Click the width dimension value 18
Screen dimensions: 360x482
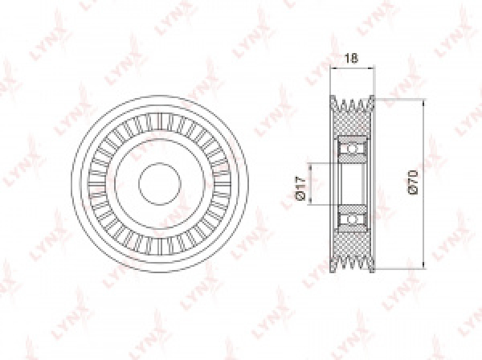pos(349,58)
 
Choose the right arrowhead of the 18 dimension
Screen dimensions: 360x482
pos(371,70)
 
